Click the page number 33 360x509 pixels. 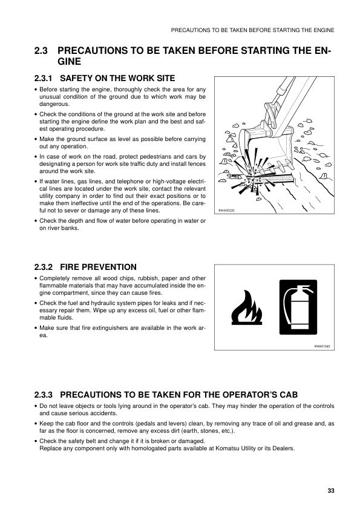(331, 490)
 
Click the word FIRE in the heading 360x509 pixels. (70, 267)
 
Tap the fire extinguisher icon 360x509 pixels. (298, 307)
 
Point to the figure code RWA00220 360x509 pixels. (224, 211)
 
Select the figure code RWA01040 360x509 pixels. (322, 346)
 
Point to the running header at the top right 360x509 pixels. (252, 30)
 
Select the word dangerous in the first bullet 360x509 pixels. (54, 104)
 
